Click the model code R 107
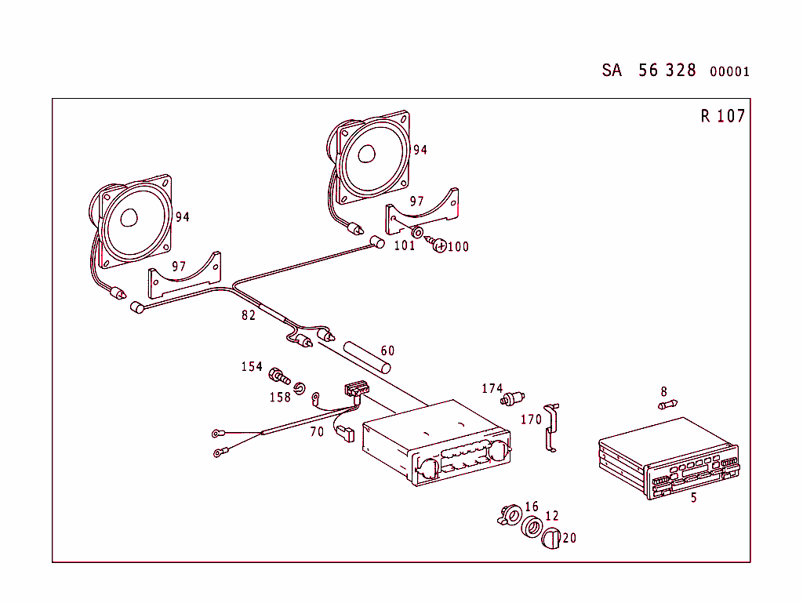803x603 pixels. (722, 117)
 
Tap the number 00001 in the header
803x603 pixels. (729, 72)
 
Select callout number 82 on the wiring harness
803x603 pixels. (249, 315)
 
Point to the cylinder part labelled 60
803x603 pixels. (362, 358)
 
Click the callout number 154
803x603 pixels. (252, 367)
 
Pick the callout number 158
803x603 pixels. (280, 397)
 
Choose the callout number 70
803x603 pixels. (317, 431)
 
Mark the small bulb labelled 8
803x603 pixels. (667, 405)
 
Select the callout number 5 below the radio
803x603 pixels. (693, 498)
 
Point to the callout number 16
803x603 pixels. (532, 507)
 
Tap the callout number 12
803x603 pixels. (552, 516)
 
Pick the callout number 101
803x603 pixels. (404, 245)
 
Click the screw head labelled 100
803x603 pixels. (440, 246)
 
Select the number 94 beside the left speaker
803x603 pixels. (182, 217)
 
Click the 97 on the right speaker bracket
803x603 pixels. (416, 202)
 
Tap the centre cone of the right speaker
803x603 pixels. (367, 154)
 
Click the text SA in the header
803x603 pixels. (612, 71)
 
